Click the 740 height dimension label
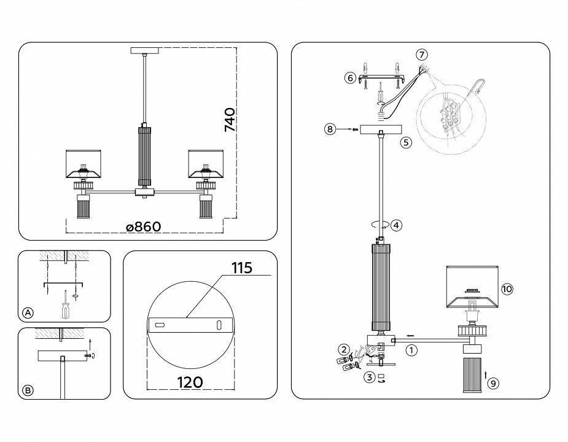[229, 120]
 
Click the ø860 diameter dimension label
[143, 227]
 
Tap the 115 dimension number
[242, 268]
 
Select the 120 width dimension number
[190, 382]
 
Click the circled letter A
[28, 312]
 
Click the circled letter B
[28, 390]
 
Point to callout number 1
[411, 351]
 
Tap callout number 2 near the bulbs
[343, 349]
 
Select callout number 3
[368, 377]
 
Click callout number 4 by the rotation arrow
[396, 225]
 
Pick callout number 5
[405, 142]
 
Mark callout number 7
[421, 55]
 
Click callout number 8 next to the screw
[330, 130]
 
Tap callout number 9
[492, 383]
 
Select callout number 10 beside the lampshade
[507, 289]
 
